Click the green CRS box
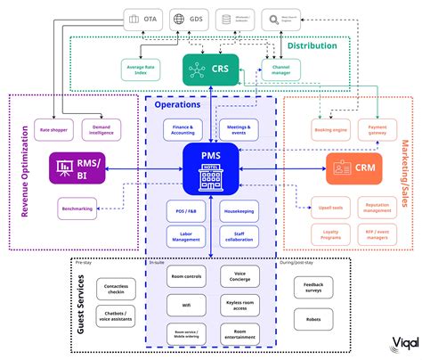[211, 68]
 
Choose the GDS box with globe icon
[188, 18]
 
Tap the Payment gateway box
[380, 131]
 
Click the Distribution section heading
[311, 45]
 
